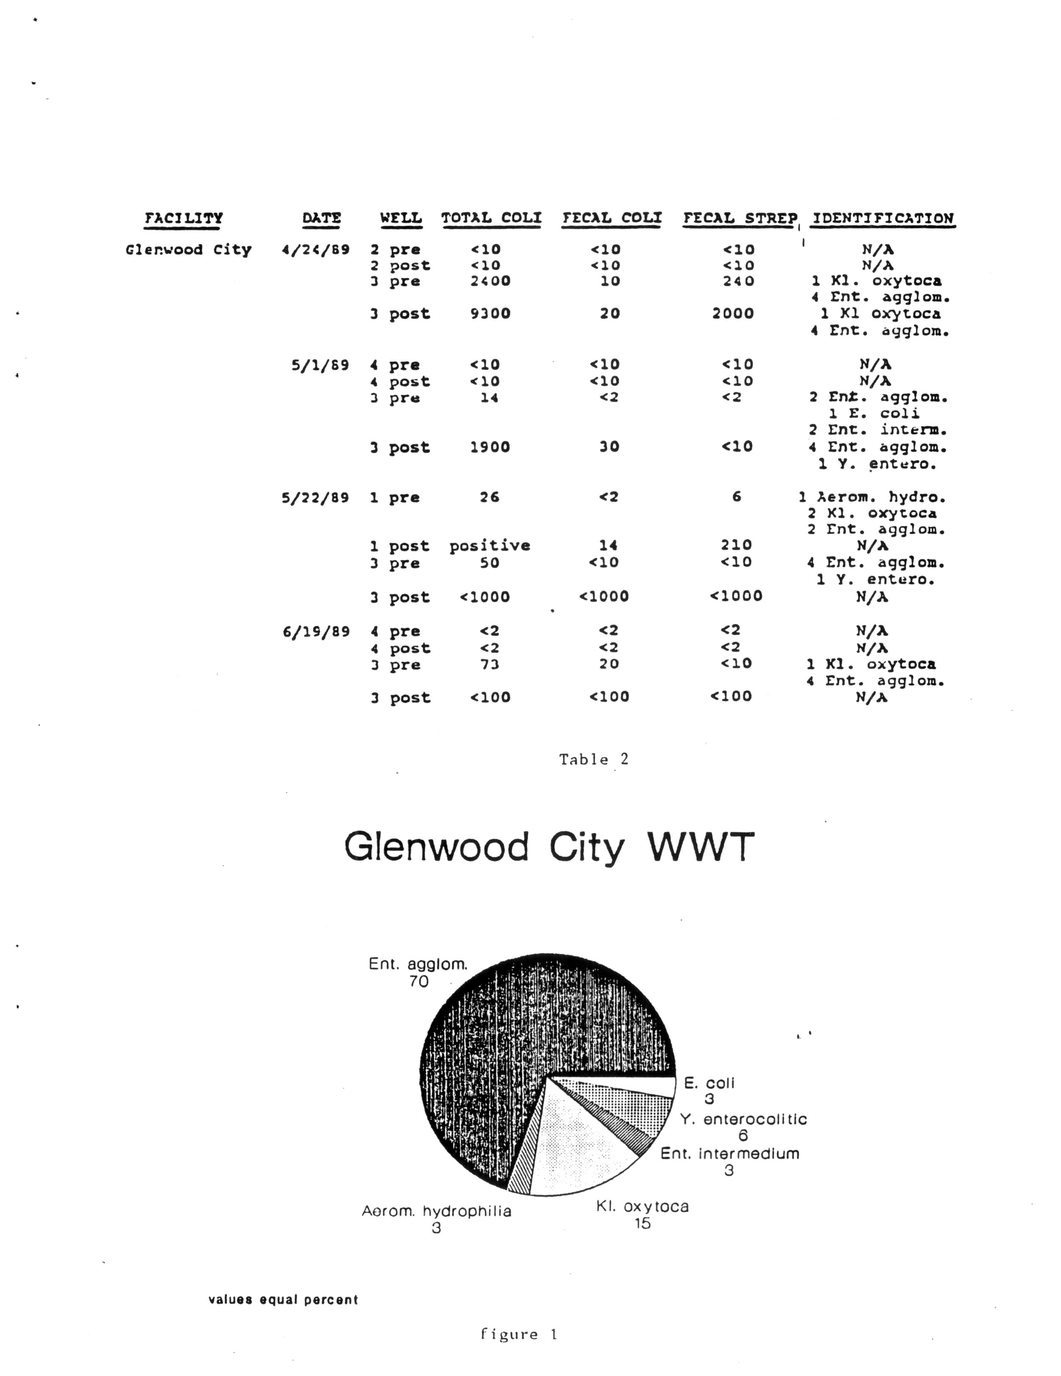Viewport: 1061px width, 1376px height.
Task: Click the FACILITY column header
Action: tap(184, 219)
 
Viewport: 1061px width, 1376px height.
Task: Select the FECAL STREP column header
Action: tap(740, 219)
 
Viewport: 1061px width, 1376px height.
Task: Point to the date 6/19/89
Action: tap(315, 631)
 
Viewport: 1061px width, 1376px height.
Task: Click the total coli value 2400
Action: tap(490, 281)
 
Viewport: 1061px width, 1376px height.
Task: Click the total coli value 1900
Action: tap(490, 448)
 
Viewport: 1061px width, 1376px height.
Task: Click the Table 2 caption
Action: tap(593, 759)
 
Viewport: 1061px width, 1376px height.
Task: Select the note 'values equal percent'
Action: tap(283, 1300)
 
